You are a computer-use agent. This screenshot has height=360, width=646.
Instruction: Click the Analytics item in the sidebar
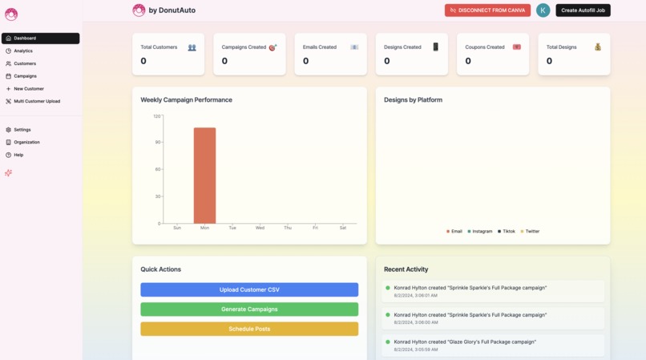click(x=23, y=51)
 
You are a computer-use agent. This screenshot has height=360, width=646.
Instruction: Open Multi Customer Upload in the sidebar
click(x=36, y=101)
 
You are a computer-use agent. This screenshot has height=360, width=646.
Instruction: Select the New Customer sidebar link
click(x=29, y=88)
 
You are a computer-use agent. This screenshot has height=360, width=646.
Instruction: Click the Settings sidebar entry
click(x=22, y=129)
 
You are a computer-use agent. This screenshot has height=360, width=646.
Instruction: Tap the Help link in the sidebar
click(x=18, y=155)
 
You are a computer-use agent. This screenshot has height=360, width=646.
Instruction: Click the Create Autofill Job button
click(x=583, y=10)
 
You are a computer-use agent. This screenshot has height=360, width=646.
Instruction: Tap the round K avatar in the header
click(x=543, y=10)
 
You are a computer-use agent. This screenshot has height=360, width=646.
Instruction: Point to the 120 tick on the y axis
click(x=157, y=116)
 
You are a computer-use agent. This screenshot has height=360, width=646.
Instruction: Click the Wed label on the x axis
click(x=260, y=228)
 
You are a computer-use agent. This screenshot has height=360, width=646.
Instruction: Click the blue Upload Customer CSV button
click(x=249, y=289)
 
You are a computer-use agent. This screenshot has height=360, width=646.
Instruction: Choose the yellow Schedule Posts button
click(x=249, y=329)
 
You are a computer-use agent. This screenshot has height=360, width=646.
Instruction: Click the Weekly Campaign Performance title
click(x=186, y=100)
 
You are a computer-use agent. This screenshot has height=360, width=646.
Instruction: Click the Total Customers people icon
click(x=192, y=47)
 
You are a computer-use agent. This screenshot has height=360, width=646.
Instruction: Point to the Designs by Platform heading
click(x=413, y=100)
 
